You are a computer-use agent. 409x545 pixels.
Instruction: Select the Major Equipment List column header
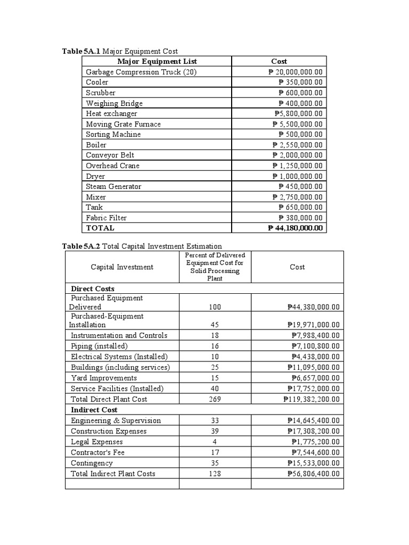157,62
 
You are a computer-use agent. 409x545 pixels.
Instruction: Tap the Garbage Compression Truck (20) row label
141,72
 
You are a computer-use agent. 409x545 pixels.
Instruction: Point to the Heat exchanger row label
112,114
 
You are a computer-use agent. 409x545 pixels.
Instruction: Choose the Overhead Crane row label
113,166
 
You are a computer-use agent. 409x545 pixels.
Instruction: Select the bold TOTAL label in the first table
100,228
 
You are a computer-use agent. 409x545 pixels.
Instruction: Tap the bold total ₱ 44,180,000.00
296,228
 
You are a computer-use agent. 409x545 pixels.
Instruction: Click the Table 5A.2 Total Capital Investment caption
142,246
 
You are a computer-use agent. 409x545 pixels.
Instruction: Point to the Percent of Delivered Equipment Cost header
215,267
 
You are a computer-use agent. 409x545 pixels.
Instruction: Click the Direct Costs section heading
93,289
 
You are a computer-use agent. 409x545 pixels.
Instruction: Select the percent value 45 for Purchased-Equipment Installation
215,325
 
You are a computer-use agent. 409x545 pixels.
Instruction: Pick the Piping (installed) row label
100,346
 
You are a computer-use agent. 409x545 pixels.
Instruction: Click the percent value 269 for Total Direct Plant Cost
215,399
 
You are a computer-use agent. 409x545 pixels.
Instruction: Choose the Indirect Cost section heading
94,410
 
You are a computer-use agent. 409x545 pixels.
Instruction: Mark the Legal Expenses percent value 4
215,442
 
